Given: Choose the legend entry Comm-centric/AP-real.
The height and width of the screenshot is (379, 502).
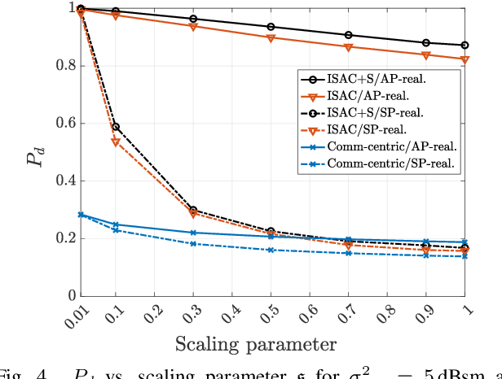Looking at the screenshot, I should pos(390,146).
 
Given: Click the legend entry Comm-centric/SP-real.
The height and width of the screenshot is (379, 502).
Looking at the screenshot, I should pos(390,163).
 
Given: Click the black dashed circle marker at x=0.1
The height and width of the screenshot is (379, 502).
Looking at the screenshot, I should pos(116,126).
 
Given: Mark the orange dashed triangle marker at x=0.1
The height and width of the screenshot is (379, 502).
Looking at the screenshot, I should pos(116,142).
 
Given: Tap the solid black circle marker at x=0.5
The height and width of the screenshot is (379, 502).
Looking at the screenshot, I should pos(271,26).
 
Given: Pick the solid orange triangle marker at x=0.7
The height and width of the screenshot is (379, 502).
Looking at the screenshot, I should pos(348,47).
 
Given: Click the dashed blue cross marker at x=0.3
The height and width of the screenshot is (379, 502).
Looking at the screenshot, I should pos(193,244).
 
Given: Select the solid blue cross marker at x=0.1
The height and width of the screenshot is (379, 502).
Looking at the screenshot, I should pos(116,224).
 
